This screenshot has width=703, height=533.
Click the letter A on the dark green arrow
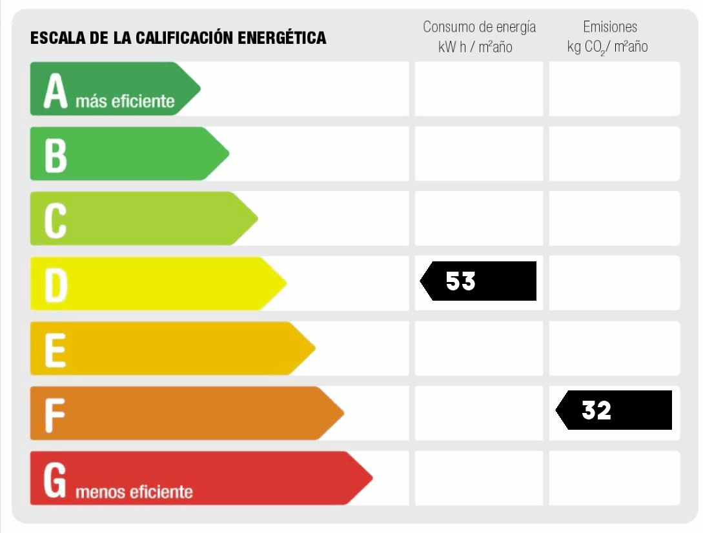coord(56,91)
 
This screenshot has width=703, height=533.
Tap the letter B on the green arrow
coord(56,156)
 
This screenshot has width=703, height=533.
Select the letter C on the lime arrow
coord(55,220)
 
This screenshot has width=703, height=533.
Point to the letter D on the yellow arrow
coord(56,285)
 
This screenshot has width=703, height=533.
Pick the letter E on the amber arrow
coord(55,350)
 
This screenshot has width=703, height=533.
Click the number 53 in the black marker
coord(461,281)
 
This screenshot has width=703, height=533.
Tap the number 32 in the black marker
coord(596,410)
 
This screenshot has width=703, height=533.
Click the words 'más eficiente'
coord(125,101)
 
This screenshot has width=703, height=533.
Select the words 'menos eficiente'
coord(134,492)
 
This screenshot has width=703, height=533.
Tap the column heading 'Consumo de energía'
coord(479,27)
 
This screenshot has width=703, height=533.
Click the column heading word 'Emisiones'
coord(610,27)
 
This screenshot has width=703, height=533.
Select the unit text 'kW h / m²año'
coord(476,46)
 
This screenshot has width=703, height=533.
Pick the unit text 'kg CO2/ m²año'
coord(607,46)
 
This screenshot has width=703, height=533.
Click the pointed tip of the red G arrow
coord(372,478)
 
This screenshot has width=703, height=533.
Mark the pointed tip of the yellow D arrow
coord(286,283)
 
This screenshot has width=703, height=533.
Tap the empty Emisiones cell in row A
coord(614,89)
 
